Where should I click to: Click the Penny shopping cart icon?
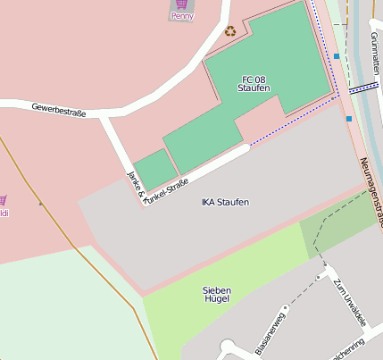182,4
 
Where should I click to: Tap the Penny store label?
182,16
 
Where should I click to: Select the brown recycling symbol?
230,31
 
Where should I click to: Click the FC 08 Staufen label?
254,83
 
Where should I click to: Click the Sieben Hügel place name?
217,294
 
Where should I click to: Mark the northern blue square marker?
337,56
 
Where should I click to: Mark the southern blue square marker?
348,118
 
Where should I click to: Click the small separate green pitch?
154,169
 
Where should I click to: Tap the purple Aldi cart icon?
3,200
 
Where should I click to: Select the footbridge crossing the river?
363,88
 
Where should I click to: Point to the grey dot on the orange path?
39,203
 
